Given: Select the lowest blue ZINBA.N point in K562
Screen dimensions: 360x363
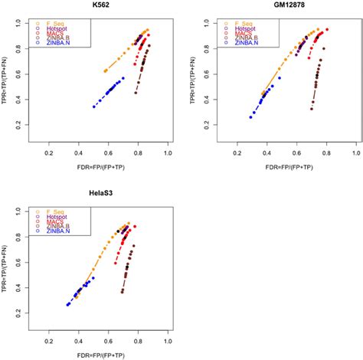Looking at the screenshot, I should point(94,106).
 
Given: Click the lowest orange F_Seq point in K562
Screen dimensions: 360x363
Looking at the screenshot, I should point(105,70).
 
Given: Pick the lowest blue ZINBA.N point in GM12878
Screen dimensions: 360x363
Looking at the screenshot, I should point(250,116).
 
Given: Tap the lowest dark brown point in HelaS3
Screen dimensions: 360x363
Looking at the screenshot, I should point(123,292).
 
